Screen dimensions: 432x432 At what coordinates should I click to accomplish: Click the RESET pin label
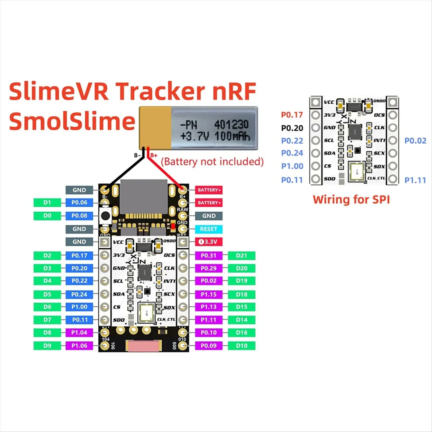coord(209,229)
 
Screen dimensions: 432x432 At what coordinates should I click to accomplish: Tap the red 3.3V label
coord(209,242)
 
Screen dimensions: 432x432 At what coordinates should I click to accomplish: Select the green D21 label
coord(242,256)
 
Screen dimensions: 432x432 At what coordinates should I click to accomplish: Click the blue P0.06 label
coord(79,203)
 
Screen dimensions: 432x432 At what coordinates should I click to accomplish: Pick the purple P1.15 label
coord(209,294)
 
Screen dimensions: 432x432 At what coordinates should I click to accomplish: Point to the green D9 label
coord(47,346)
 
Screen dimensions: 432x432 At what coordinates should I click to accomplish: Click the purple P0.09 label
coord(209,346)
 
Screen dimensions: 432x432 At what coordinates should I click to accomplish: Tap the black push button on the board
coord(105,216)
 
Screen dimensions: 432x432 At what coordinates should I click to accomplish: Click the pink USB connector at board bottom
coord(144,346)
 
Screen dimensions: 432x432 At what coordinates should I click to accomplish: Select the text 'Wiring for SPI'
coord(351,199)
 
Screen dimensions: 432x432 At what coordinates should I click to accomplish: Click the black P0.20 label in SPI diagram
coord(292,128)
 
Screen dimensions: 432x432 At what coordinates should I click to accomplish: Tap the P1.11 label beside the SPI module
coord(415,180)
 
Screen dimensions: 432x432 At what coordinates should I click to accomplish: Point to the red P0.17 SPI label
coord(292,115)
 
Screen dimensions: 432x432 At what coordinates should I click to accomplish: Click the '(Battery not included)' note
coord(212,162)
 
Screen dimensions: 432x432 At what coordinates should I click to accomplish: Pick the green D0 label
coord(47,216)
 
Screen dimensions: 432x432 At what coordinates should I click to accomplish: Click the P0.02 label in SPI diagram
coord(415,141)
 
